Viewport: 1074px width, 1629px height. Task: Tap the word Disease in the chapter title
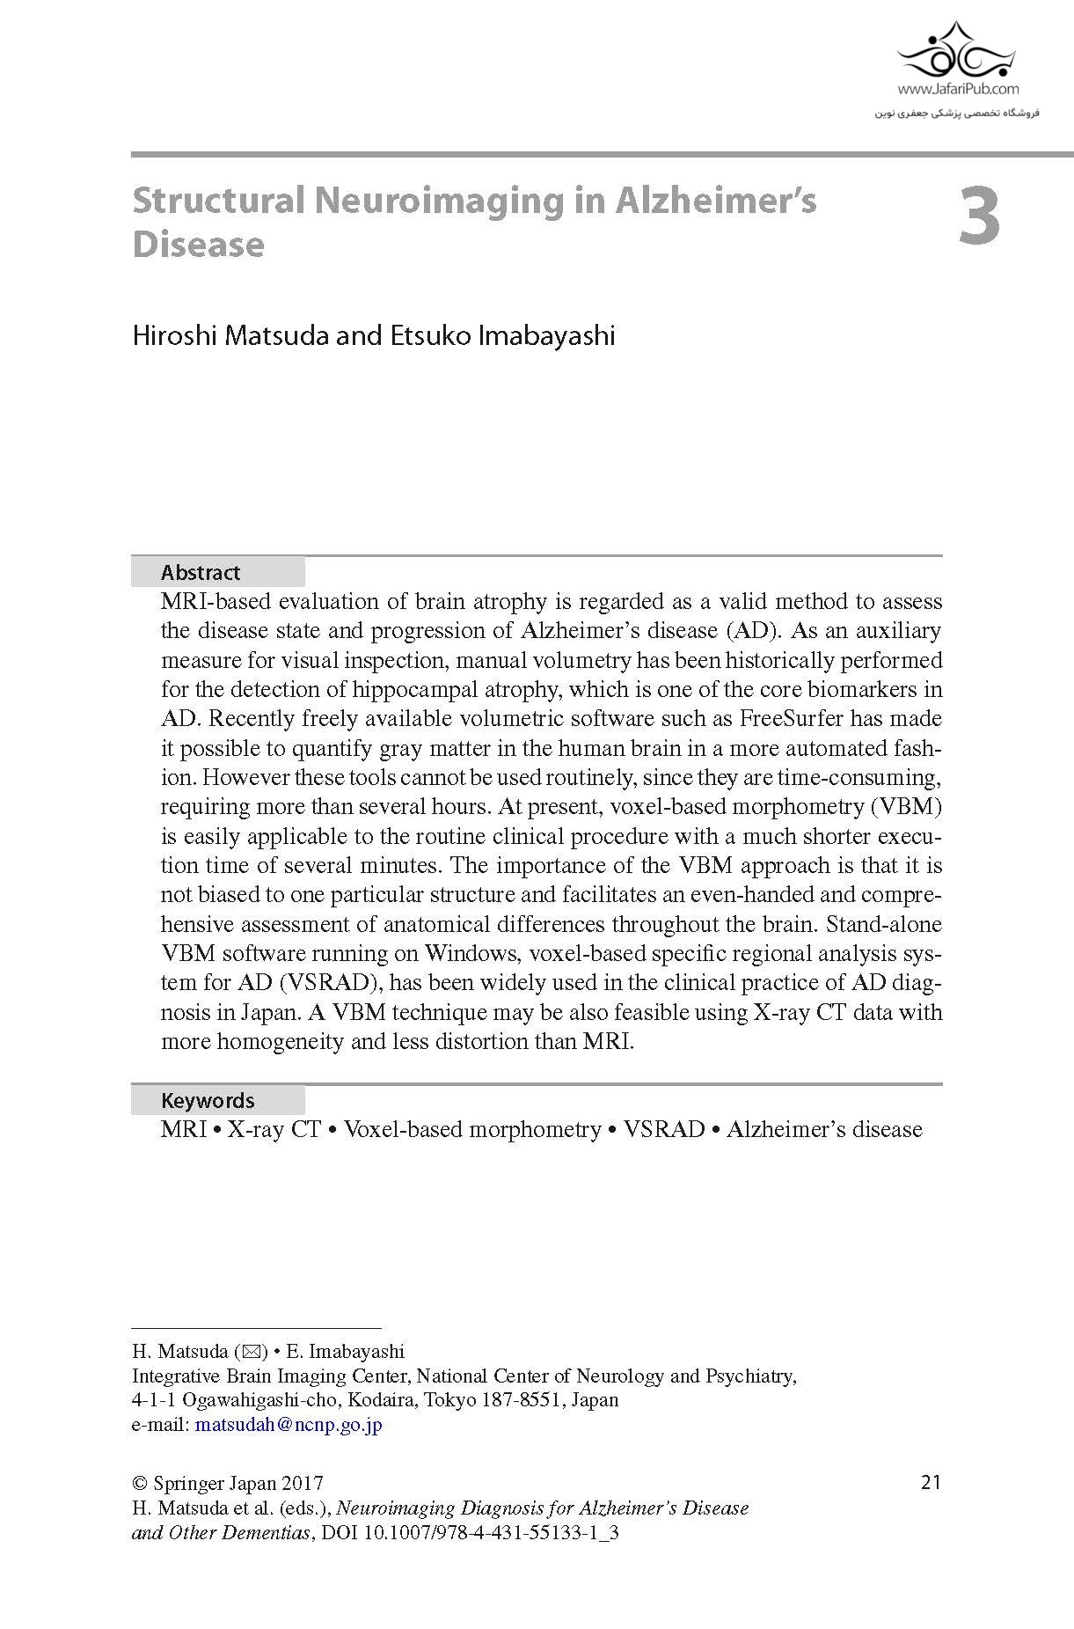click(x=198, y=245)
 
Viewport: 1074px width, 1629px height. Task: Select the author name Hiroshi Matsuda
click(x=230, y=335)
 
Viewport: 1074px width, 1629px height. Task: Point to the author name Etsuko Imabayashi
click(x=497, y=335)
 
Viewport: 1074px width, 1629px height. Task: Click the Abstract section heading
click(x=201, y=573)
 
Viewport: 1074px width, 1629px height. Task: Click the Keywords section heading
click(x=208, y=1101)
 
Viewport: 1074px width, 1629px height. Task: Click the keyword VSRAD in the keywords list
click(x=664, y=1130)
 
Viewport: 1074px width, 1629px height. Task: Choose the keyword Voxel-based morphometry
click(x=471, y=1130)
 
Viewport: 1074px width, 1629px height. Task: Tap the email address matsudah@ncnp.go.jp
click(x=289, y=1425)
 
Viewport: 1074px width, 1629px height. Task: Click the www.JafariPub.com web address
click(x=958, y=89)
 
